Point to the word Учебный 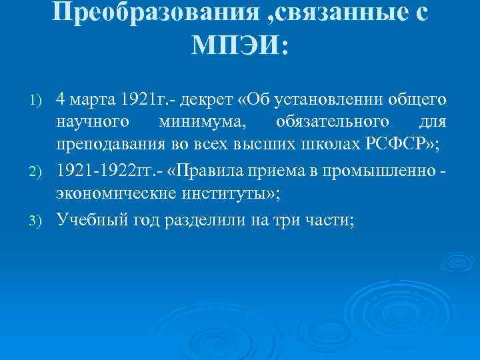(87, 220)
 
